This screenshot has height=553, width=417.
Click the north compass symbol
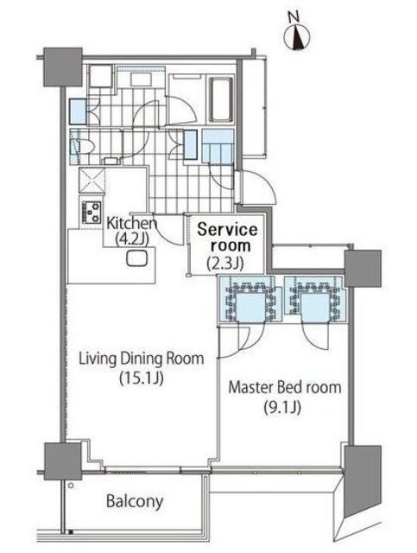pyautogui.click(x=297, y=36)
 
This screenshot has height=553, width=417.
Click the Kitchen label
pyautogui.click(x=131, y=223)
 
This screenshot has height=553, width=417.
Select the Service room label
pyautogui.click(x=227, y=238)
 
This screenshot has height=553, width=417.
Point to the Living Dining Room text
pyautogui.click(x=142, y=359)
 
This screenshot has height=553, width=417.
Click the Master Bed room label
pyautogui.click(x=285, y=387)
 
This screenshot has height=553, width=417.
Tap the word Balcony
pyautogui.click(x=135, y=501)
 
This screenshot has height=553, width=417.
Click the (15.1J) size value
pyautogui.click(x=141, y=378)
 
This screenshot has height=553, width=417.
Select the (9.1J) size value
pyautogui.click(x=282, y=408)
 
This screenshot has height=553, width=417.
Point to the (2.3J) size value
pyautogui.click(x=225, y=263)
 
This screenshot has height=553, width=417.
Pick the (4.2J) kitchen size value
pyautogui.click(x=132, y=238)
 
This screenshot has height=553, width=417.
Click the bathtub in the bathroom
pyautogui.click(x=221, y=99)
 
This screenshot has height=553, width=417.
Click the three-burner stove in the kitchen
pyautogui.click(x=92, y=212)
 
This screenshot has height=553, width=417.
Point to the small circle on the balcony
pyautogui.click(x=71, y=486)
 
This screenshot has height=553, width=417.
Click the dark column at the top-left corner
pyautogui.click(x=63, y=67)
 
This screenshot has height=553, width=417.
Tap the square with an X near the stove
pyautogui.click(x=92, y=181)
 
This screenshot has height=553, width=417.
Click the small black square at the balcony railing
pyautogui.click(x=71, y=532)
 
